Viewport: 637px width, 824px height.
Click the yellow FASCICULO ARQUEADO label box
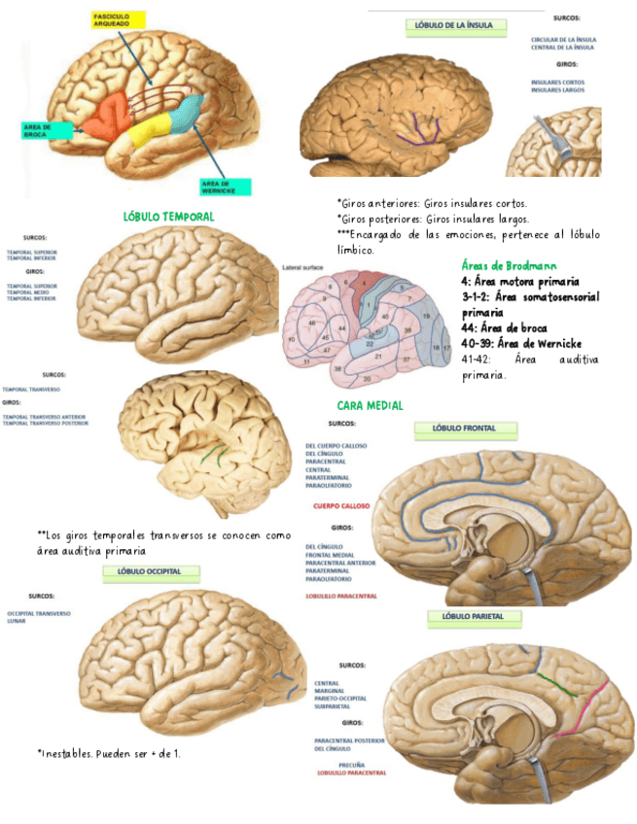coord(118,19)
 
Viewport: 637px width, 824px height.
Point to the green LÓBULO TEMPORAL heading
coord(169,217)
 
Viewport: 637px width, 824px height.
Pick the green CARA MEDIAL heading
coord(371,405)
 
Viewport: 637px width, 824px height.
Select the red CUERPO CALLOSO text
coord(341,506)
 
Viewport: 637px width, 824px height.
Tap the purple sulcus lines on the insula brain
coord(420,127)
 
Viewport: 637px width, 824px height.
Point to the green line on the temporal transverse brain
coord(216,452)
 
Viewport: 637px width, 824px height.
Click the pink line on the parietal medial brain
coord(596,703)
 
